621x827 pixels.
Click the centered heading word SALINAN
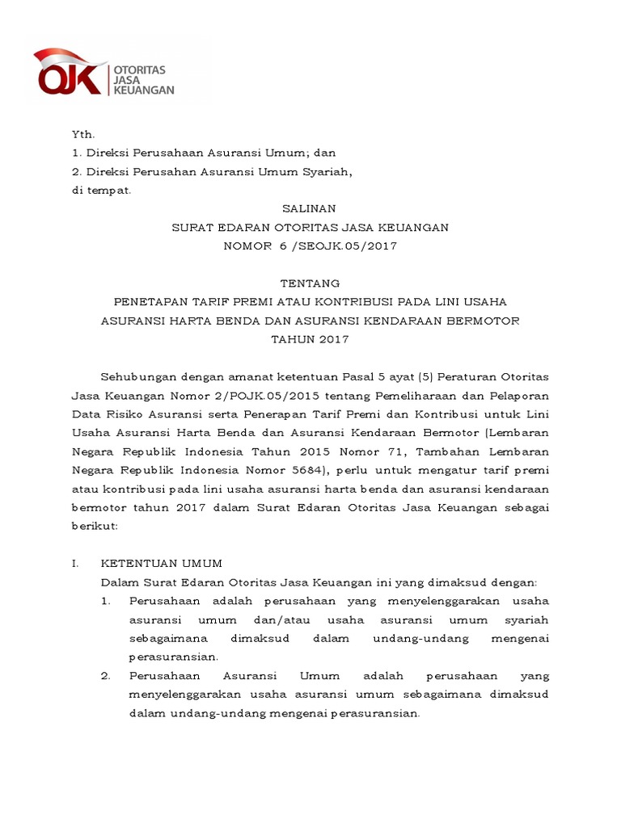(310, 208)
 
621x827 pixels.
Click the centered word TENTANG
(310, 283)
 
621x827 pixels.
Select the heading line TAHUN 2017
(310, 339)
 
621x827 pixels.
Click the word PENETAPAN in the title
(150, 302)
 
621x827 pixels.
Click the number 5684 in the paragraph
(304, 470)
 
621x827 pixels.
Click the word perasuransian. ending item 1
(173, 657)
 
